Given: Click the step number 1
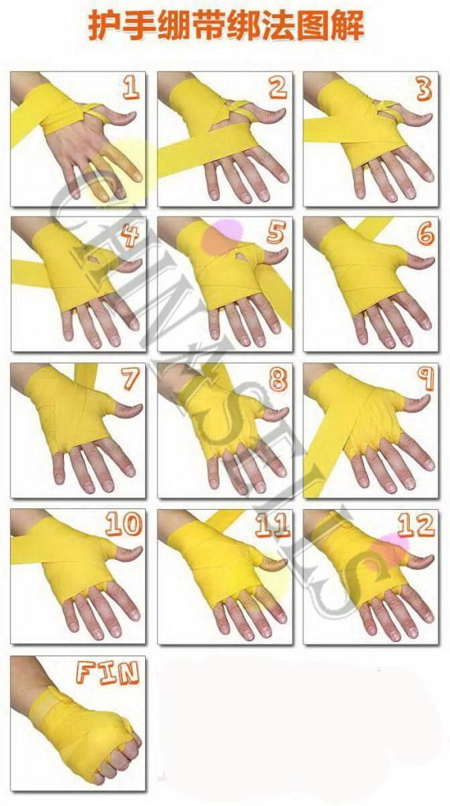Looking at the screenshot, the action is [131, 87].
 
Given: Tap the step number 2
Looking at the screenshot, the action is [277, 88].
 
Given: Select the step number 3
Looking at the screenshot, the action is [424, 89].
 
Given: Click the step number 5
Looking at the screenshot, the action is [276, 234].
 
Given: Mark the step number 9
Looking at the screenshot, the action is [426, 379].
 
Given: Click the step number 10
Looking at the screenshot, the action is [124, 524].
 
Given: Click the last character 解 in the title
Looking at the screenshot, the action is [350, 26].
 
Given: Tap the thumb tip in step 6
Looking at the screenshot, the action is [430, 262].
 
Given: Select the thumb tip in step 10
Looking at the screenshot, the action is [137, 552].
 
